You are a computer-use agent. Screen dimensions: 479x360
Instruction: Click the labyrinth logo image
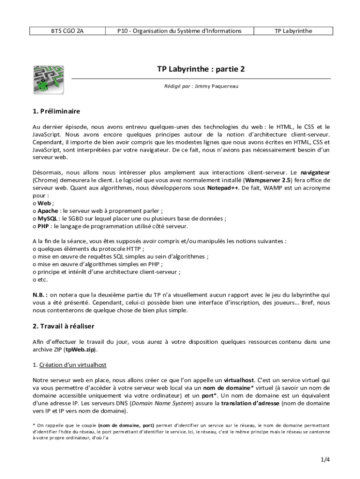(x=48, y=79)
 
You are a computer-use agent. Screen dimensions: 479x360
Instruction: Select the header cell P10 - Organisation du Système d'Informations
(x=180, y=31)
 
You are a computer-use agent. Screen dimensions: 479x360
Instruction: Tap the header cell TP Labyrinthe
(x=293, y=31)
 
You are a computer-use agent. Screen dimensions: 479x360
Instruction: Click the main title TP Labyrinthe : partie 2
(x=201, y=69)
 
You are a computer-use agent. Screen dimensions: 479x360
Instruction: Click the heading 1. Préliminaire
(x=56, y=111)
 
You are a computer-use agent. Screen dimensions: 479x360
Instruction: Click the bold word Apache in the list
(x=48, y=211)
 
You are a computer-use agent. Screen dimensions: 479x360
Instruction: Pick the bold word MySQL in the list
(x=48, y=218)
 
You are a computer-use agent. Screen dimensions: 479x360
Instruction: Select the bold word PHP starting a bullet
(x=44, y=226)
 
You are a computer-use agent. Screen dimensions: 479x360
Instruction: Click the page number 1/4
(x=325, y=459)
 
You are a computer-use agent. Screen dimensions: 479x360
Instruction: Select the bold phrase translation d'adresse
(x=250, y=403)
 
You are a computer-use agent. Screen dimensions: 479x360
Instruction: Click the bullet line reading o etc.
(x=40, y=279)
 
